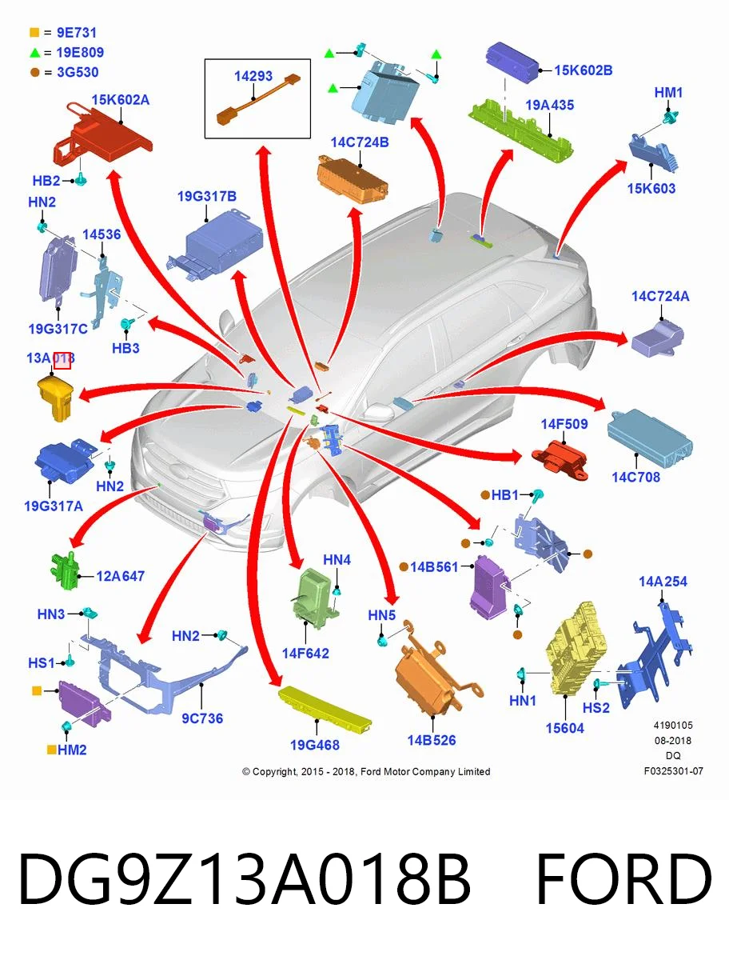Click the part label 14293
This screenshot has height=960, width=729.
(x=253, y=76)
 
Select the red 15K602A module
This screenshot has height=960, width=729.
(x=102, y=134)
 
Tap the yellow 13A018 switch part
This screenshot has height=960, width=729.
(x=55, y=398)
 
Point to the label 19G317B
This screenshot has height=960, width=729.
(x=206, y=196)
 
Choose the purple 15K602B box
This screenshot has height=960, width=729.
(x=512, y=62)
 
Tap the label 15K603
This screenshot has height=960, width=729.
(x=651, y=189)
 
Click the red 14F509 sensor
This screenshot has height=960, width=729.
(x=560, y=460)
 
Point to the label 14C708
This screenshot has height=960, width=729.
(x=635, y=477)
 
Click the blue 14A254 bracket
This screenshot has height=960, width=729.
(x=654, y=653)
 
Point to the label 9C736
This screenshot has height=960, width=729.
(x=202, y=718)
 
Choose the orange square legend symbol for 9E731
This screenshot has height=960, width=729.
(x=34, y=32)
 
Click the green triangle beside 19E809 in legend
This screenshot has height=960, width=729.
(x=34, y=53)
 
